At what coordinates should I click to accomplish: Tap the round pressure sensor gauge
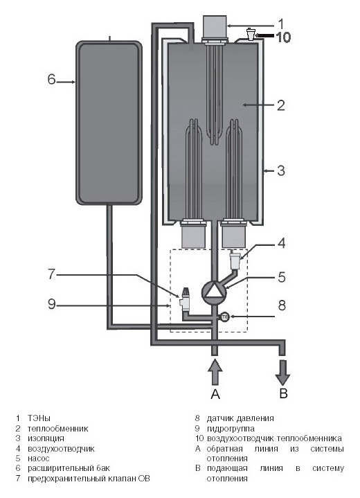(x=224, y=317)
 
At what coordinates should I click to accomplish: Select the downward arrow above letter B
(x=283, y=373)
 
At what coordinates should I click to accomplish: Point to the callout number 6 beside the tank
(x=51, y=80)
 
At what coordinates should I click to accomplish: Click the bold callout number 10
(x=283, y=37)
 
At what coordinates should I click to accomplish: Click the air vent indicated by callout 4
(x=235, y=260)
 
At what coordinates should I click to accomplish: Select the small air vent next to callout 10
(x=251, y=34)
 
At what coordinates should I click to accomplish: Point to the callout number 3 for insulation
(x=281, y=171)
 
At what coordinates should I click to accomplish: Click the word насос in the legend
(x=38, y=459)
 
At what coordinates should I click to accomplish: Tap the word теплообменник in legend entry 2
(x=57, y=429)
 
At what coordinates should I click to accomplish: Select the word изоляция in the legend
(x=46, y=438)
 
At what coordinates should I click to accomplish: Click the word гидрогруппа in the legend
(x=231, y=429)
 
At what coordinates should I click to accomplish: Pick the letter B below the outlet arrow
(x=283, y=393)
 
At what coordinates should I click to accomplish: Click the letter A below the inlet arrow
(x=215, y=394)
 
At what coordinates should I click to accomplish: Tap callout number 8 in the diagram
(x=282, y=305)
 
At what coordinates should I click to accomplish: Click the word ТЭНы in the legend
(x=39, y=418)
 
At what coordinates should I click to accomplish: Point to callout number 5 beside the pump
(x=282, y=277)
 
